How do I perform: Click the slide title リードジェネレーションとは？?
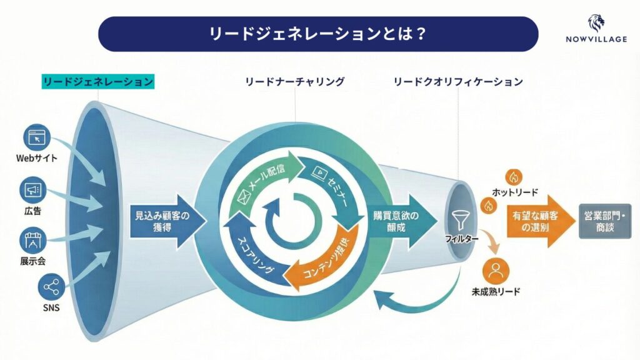[318, 33]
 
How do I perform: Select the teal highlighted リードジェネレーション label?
[97, 82]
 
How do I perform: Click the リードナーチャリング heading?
[296, 82]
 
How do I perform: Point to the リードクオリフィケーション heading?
[457, 82]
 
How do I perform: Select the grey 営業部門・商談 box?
[604, 221]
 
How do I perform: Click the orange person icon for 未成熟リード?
[496, 271]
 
